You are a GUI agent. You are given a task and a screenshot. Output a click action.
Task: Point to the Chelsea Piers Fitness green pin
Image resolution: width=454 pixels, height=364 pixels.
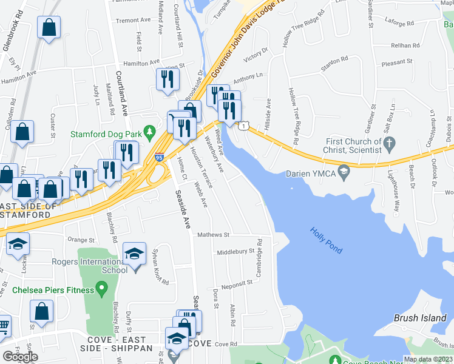102,288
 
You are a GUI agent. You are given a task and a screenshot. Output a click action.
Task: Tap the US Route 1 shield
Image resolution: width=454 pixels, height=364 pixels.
243,126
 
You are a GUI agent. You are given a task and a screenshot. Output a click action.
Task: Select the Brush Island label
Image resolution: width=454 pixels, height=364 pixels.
415,317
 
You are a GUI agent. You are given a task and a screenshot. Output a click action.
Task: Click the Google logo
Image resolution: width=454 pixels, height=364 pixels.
20,357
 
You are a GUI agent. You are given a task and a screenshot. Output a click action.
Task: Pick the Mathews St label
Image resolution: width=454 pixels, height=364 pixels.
211,234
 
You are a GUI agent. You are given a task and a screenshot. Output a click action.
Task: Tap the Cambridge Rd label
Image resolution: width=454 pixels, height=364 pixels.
259,258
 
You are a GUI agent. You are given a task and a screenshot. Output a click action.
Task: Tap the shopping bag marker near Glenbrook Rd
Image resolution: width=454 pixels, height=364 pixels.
49,27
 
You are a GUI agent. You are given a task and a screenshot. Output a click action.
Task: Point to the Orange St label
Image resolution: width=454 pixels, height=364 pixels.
81,240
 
